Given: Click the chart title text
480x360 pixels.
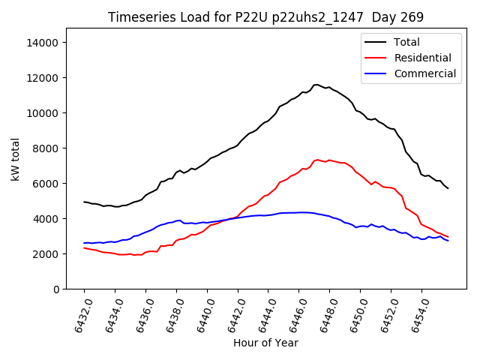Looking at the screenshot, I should click(x=265, y=17).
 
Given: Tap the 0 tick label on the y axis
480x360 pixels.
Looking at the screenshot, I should click(x=56, y=289).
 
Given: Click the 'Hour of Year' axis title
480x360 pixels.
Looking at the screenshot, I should click(x=265, y=343).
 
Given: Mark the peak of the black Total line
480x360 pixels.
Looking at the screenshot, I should click(x=316, y=85).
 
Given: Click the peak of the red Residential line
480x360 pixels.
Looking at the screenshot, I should click(x=318, y=160).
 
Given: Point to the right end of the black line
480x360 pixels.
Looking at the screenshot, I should click(x=448, y=188).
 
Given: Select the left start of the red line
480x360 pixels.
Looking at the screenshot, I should click(x=84, y=247).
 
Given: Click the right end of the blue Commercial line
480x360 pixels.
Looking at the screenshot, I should click(x=448, y=241).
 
